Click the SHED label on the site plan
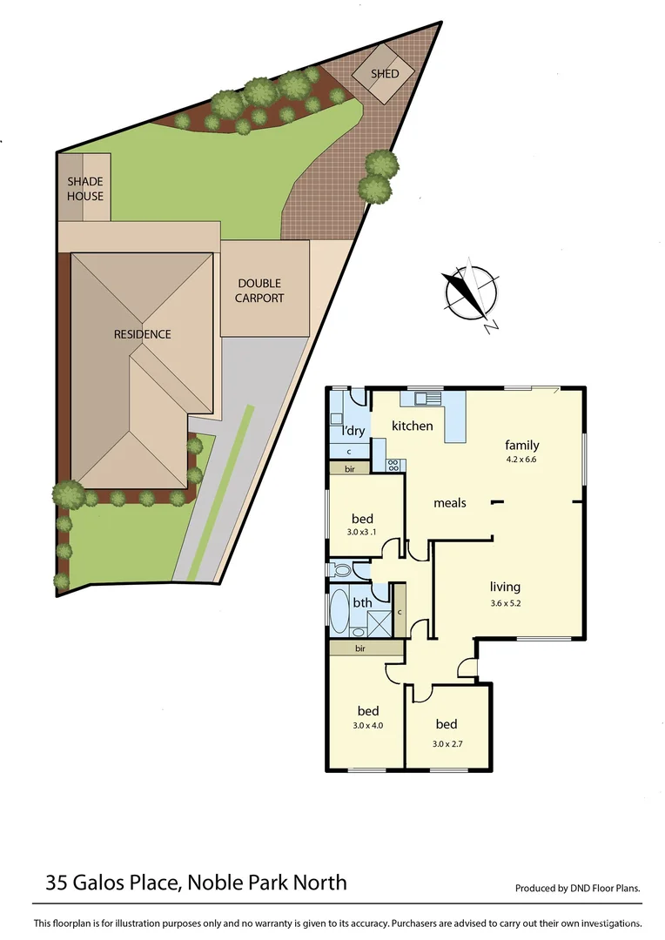pos(385,74)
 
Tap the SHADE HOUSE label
pos(85,188)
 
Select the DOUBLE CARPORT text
pos(261,291)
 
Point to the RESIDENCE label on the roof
pos(142,334)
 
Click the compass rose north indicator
pos(471,293)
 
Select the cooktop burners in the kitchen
pos(393,464)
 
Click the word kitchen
pos(412,426)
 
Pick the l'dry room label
pos(353,431)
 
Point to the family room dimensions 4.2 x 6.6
pos(521,459)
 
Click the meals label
pos(450,503)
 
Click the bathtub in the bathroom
pos(338,612)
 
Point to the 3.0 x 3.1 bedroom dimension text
pos(362,534)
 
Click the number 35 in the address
pos(57,883)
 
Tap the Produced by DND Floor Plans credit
pos(577,889)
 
